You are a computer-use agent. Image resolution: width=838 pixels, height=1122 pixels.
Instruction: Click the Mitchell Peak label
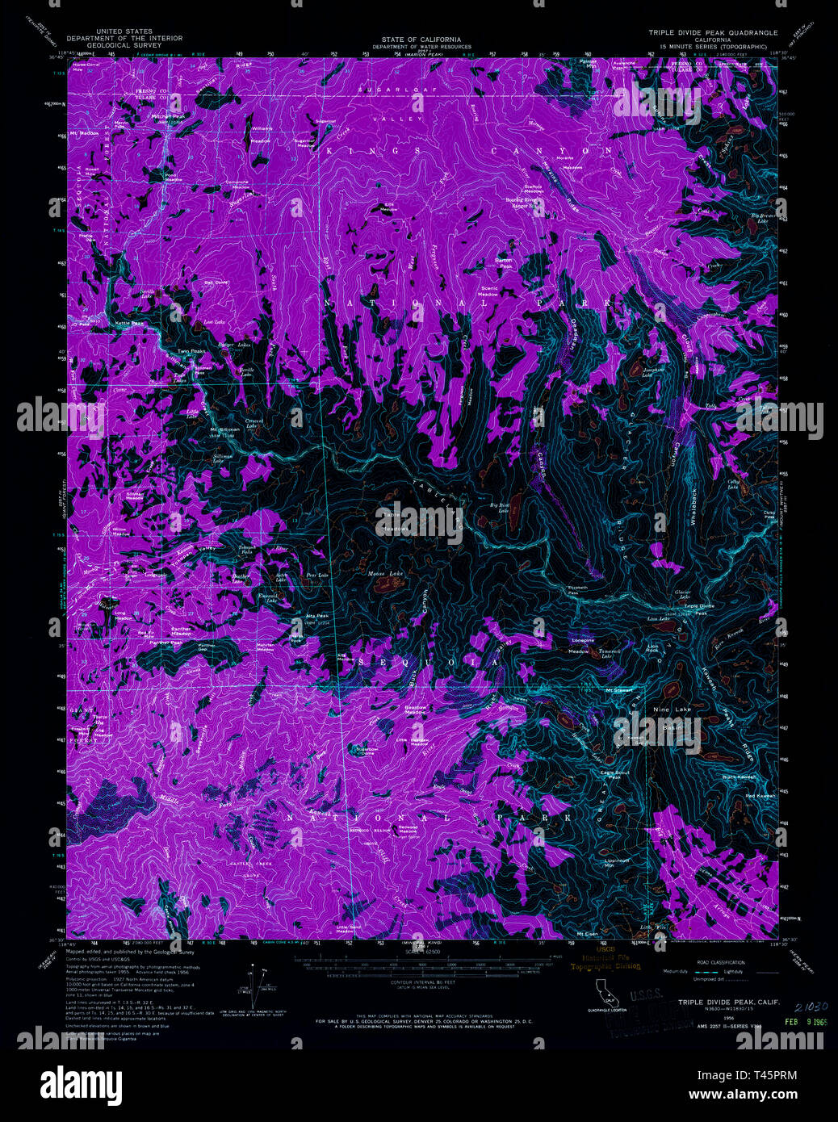click(x=169, y=116)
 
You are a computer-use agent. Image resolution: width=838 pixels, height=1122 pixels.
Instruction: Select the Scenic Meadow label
click(x=489, y=291)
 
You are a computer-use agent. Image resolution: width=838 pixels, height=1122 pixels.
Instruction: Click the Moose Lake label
click(x=385, y=574)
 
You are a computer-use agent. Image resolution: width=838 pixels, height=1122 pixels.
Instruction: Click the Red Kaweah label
click(x=760, y=796)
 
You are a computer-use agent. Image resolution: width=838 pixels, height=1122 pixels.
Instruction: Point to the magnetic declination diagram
click(x=249, y=986)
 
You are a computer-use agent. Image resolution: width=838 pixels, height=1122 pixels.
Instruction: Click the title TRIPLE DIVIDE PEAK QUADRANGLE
click(x=713, y=33)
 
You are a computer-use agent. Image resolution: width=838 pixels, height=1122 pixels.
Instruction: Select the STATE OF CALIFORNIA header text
click(x=421, y=39)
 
